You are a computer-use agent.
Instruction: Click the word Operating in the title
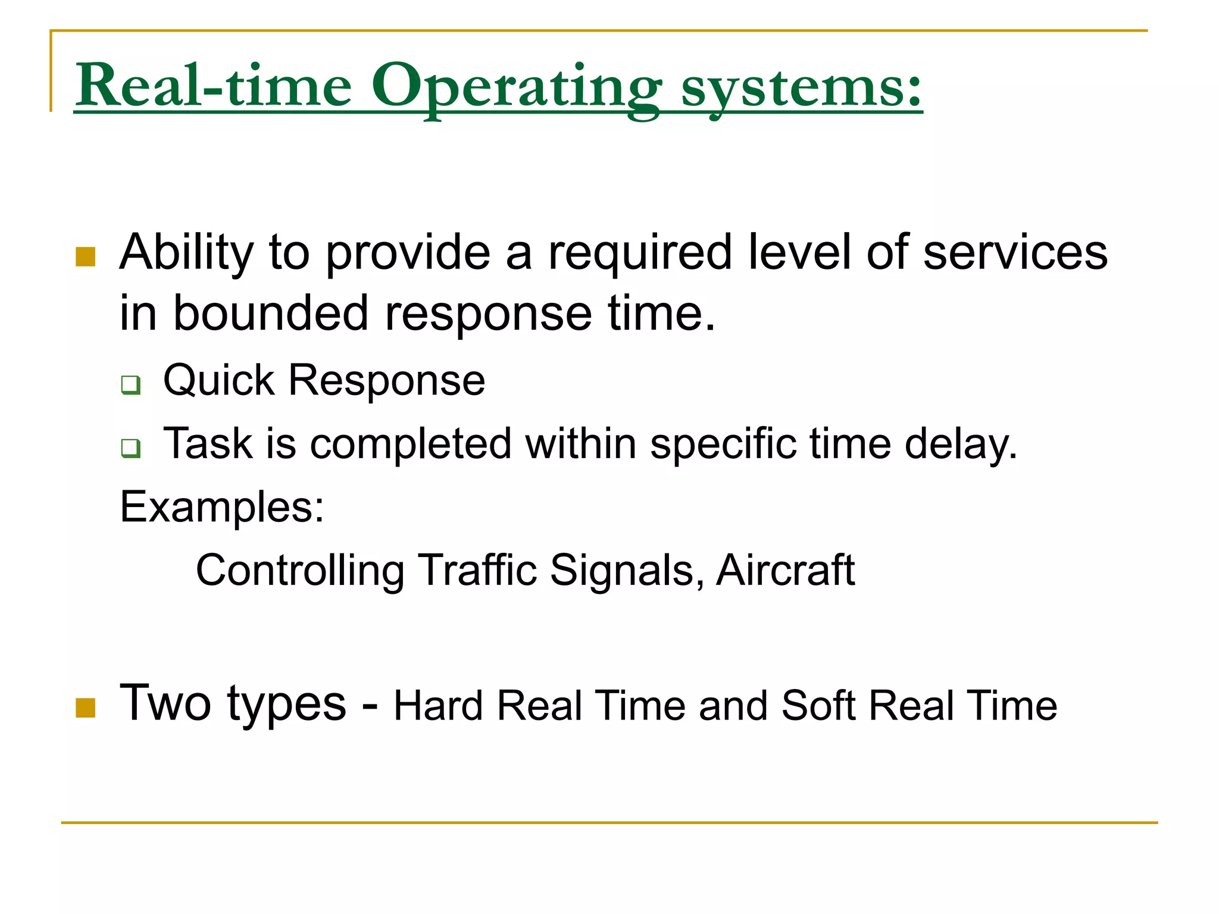515,87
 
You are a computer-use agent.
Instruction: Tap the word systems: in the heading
801,87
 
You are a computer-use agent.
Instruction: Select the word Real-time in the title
214,87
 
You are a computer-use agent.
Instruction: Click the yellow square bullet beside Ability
86,256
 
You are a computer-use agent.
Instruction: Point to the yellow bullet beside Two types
86,708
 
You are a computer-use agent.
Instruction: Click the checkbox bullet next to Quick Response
131,384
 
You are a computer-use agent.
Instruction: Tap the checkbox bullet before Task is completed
131,447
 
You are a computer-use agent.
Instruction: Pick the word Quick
218,381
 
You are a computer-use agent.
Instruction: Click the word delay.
961,444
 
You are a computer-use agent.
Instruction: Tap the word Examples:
222,508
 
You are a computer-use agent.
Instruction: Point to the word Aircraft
786,570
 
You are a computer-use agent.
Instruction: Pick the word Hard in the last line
438,706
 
